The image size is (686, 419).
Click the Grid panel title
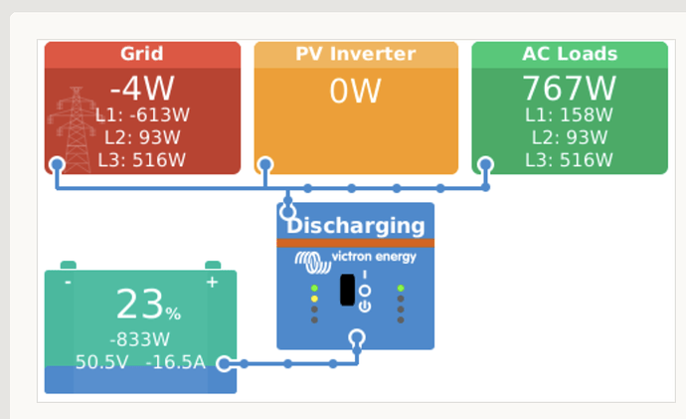click(142, 54)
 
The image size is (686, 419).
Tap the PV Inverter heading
click(355, 54)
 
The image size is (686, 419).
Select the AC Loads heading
click(570, 54)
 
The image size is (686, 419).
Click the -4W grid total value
click(142, 88)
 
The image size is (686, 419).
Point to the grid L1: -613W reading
click(142, 115)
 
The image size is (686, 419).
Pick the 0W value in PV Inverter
click(355, 92)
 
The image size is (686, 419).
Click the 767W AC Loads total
click(570, 88)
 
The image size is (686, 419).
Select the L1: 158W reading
click(570, 115)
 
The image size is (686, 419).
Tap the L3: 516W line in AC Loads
click(570, 160)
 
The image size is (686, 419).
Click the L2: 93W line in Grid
click(142, 137)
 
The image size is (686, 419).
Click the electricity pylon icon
click(77, 129)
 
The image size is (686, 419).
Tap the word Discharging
click(356, 226)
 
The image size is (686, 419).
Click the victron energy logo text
click(374, 257)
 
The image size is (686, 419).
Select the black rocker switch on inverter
click(347, 290)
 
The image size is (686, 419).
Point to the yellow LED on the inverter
click(314, 299)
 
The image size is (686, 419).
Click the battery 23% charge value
click(148, 304)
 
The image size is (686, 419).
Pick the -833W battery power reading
click(139, 339)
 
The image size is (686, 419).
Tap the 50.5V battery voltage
click(102, 362)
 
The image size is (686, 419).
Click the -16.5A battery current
click(175, 362)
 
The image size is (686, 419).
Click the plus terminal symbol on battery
click(212, 282)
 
